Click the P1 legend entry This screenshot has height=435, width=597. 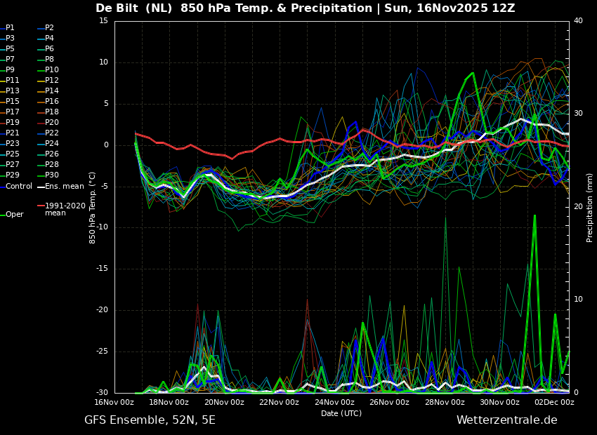click(7, 28)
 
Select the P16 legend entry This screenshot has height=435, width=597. click(48, 101)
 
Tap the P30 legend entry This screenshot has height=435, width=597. click(48, 175)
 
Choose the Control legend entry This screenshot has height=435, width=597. click(16, 187)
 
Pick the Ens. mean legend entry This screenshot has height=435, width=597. click(60, 187)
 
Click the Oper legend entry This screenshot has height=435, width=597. click(12, 215)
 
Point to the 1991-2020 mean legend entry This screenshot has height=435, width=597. click(61, 209)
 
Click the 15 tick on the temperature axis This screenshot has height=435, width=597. click(103, 21)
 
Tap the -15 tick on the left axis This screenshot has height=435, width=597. click(102, 269)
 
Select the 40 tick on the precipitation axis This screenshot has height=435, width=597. click(578, 21)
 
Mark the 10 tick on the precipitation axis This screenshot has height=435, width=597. click(578, 300)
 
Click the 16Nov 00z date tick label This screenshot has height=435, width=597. click(114, 402)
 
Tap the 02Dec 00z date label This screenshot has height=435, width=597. click(555, 402)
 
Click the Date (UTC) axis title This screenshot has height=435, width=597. click(341, 413)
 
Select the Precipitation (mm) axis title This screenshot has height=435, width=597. click(590, 208)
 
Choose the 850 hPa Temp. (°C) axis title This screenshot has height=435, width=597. click(93, 208)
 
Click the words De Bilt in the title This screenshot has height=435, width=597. click(117, 8)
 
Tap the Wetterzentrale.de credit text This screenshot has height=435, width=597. click(507, 420)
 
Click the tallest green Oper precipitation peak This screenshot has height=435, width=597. click(534, 215)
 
